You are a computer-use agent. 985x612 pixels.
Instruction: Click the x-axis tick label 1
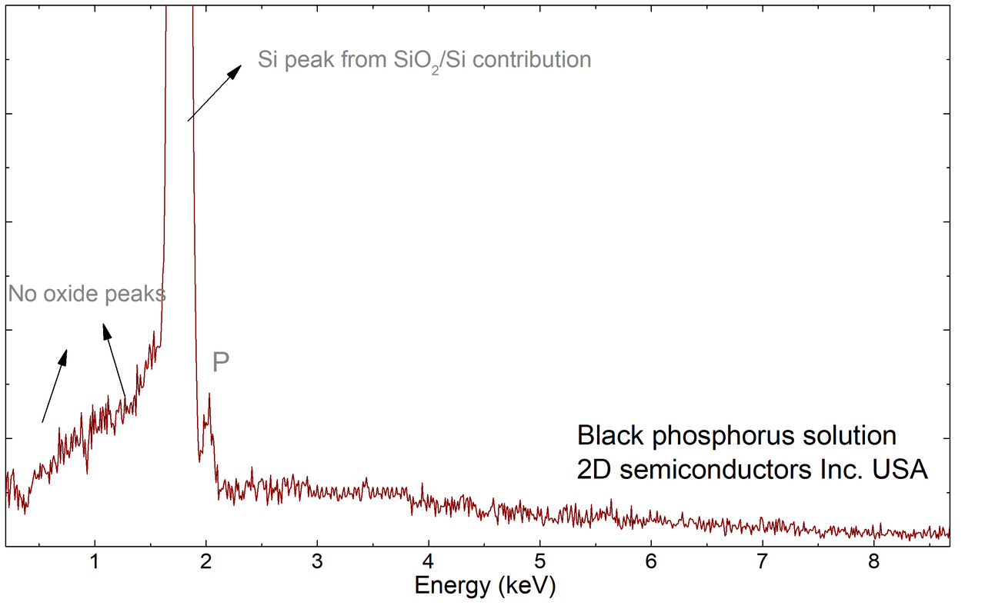point(95,562)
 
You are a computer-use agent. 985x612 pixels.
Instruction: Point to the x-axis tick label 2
point(205,562)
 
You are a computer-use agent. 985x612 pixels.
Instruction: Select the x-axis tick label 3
point(317,562)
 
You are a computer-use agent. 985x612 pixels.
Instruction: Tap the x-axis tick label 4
point(429,562)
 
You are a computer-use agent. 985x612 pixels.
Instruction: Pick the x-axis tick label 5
point(540,562)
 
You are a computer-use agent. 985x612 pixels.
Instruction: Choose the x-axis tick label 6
point(651,562)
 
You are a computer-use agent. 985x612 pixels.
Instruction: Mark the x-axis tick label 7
point(763,562)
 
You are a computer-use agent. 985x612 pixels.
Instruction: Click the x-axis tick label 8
point(873,562)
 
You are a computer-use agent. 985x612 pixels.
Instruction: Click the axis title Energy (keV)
point(485,587)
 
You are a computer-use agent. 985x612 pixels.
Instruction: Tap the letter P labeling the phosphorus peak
point(221,363)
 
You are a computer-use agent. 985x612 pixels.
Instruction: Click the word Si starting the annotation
point(268,60)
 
